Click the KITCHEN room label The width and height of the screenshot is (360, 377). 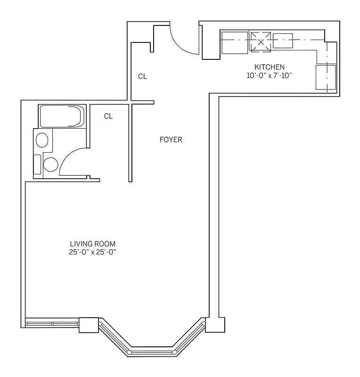point(269,66)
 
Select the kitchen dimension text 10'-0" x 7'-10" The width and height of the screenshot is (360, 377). point(269,75)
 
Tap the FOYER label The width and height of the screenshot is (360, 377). point(171,139)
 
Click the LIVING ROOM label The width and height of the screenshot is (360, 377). point(92,244)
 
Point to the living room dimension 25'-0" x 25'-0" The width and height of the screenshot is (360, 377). point(92,252)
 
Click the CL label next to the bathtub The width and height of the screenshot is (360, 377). point(108,116)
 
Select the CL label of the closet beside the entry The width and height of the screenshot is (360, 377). point(142,76)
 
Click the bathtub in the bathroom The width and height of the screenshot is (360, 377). point(62,116)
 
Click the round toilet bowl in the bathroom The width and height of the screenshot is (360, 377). point(50,164)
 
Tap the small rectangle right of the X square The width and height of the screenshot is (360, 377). point(283,41)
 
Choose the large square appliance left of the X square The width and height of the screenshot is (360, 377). point(234,43)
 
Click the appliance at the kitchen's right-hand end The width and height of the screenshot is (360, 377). point(325,77)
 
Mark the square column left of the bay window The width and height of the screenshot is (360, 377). point(88,325)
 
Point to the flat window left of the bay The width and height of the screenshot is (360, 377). point(52,324)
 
